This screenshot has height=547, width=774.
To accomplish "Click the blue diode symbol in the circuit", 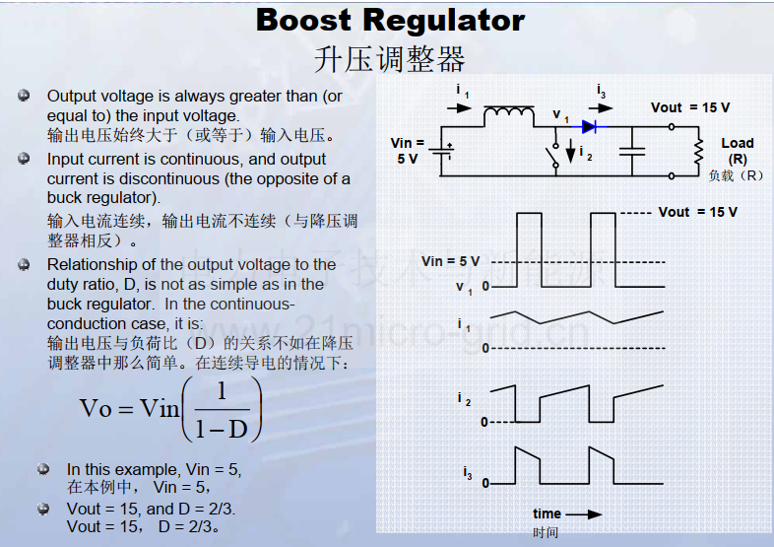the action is tap(589, 127).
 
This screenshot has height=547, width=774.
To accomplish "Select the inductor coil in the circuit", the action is tap(508, 114).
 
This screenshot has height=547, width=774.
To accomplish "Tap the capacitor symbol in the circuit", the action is tap(632, 151).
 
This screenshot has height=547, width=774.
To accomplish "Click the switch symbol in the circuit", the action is tap(553, 154).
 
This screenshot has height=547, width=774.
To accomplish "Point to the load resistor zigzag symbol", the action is tap(698, 151).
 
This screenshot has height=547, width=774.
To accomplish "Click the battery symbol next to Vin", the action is tap(441, 151).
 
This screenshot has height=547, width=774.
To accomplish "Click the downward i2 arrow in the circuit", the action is tap(570, 151).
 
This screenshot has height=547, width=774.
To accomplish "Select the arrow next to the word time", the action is tap(584, 514).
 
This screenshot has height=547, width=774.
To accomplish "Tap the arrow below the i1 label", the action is tap(459, 107).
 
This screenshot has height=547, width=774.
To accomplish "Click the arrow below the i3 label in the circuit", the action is tap(601, 107).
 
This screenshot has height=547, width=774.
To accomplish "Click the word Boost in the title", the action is tap(303, 21).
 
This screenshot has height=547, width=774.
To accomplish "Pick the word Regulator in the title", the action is tap(444, 22).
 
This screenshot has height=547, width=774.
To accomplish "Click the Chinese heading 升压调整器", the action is tap(390, 59).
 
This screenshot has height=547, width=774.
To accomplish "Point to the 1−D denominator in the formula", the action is tap(222, 429).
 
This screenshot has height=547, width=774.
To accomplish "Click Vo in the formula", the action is tap(96, 409).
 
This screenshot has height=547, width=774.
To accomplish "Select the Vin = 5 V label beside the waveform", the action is tap(450, 261).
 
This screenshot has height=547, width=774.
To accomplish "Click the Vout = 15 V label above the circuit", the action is tap(690, 107).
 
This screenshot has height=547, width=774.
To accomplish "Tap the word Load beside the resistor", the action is tap(738, 143).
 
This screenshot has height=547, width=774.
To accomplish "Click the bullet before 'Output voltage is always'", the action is tap(24, 96).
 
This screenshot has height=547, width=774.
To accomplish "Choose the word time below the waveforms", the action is tap(547, 513).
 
